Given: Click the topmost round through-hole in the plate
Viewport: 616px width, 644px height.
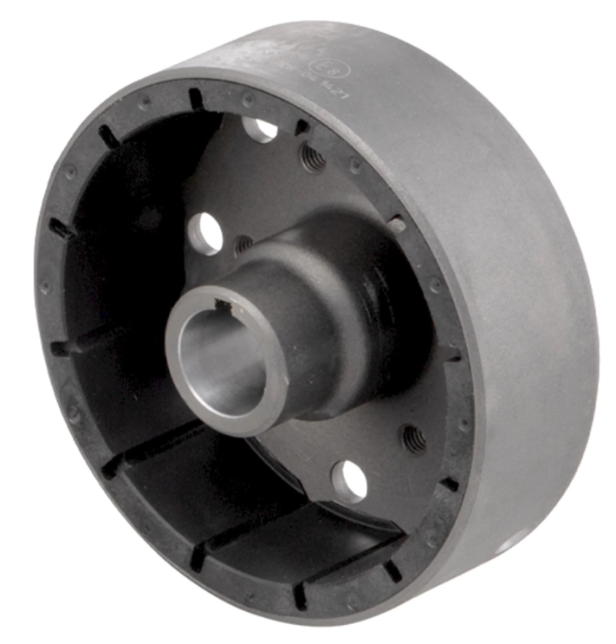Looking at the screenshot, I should [260, 130].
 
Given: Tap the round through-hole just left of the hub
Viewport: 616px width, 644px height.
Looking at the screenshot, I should [206, 232].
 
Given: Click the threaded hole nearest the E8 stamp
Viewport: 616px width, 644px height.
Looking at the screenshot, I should [312, 157].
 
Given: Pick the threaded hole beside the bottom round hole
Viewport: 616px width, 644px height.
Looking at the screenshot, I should [415, 440].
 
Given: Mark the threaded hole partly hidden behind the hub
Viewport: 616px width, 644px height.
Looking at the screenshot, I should [245, 245].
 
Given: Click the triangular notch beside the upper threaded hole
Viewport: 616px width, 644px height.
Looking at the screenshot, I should [301, 127].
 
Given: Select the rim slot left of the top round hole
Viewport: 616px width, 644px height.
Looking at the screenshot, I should [195, 98].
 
